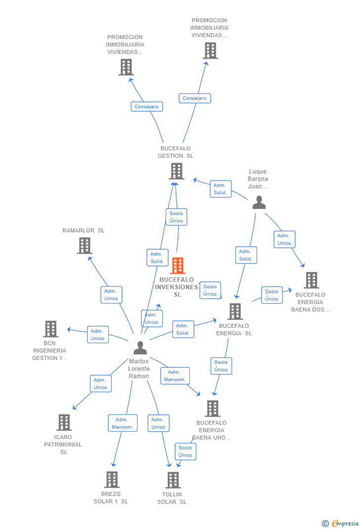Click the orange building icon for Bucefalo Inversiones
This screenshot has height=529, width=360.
pos(178,265)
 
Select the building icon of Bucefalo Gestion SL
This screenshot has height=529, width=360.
pos(177,171)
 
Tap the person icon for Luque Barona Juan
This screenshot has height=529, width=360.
pos(259,202)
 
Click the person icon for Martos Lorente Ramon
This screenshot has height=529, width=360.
pos(140,348)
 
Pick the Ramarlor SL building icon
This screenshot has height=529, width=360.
pos(85,245)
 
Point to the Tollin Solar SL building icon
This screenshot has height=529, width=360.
pos(173,480)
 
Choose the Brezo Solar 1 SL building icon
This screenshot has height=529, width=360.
pos(112,479)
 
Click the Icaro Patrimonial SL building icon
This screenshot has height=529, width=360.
pos(64,422)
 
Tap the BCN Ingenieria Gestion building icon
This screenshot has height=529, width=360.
pos(50,329)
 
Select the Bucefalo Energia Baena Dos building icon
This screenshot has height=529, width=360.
pos(311,280)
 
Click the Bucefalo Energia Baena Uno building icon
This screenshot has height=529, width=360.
pos(213,408)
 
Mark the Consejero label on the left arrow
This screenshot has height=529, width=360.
pos(146,107)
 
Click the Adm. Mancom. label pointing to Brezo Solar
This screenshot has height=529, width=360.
pos(123,423)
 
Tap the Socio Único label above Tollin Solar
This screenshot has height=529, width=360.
pos(185,451)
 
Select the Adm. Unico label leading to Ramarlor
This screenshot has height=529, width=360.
pos(111,295)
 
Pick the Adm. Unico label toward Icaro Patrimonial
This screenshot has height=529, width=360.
pos(100,384)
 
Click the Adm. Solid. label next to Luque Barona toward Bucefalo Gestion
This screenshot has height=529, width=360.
pos(220,189)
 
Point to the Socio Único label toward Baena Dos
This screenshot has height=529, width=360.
pos(271,295)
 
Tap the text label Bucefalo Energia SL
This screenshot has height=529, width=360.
pos(234,329)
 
